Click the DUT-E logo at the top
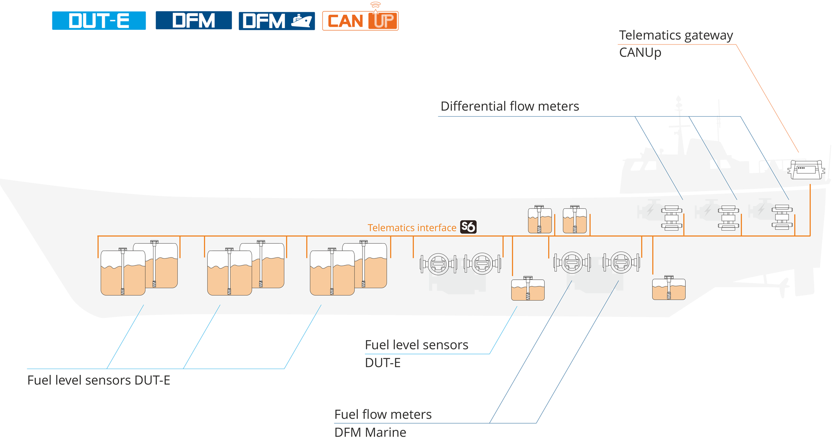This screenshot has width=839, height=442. [x=99, y=21]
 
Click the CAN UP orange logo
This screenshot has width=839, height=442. [x=360, y=21]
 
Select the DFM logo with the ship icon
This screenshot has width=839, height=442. [x=276, y=21]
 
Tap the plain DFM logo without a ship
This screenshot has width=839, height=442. [x=193, y=20]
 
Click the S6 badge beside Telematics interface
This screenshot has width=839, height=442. [x=468, y=227]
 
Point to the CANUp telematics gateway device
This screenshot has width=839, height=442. [x=806, y=170]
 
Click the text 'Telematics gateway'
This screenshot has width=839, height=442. [x=676, y=35]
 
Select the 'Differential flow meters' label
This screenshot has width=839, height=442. [x=509, y=106]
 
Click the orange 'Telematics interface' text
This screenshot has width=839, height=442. [x=412, y=228]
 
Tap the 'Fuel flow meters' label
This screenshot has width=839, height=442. [x=383, y=414]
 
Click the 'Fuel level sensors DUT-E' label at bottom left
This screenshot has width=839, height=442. [x=99, y=380]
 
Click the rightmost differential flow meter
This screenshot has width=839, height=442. [x=782, y=217]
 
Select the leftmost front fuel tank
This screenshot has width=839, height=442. [x=122, y=273]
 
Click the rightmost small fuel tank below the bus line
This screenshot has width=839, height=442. [x=669, y=289]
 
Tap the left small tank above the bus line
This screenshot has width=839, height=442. [x=539, y=220]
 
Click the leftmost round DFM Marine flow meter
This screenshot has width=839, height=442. [x=438, y=264]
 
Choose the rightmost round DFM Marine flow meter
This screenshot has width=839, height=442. [x=621, y=263]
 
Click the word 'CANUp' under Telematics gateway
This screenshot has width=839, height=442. [x=640, y=52]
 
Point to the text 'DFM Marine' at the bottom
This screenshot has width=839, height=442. [x=370, y=432]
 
